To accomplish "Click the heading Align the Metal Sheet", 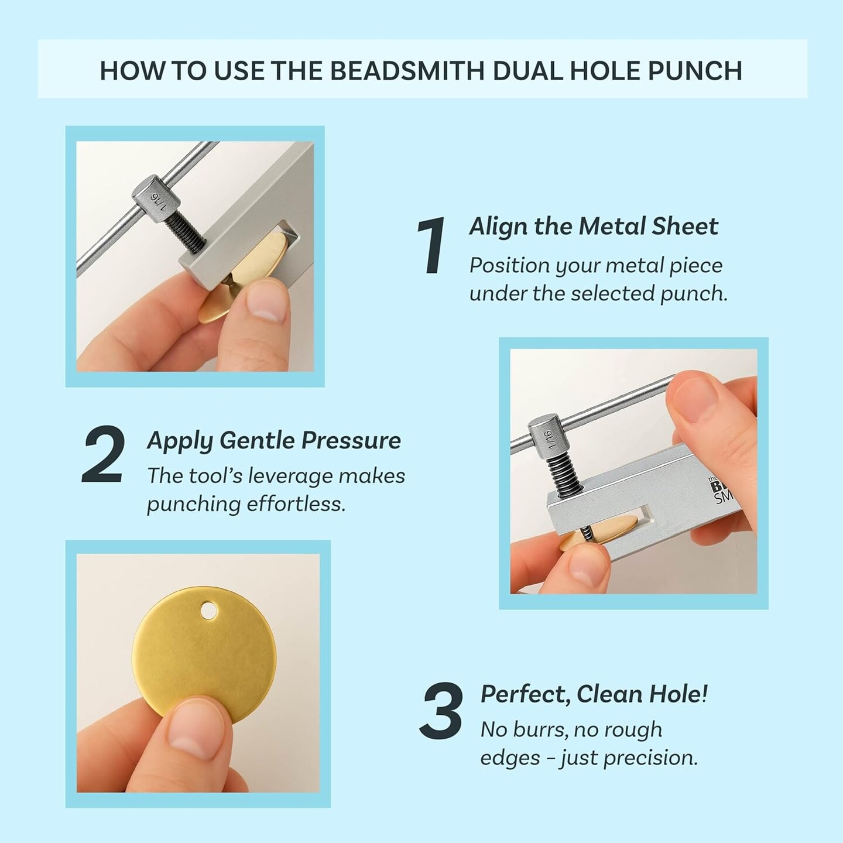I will [x=593, y=227].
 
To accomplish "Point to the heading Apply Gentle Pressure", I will [x=273, y=440].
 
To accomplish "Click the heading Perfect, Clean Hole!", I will [x=594, y=694].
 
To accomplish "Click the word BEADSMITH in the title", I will [x=406, y=70].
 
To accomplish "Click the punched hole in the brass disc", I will [x=207, y=612].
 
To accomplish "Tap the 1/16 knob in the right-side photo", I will [x=547, y=434].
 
